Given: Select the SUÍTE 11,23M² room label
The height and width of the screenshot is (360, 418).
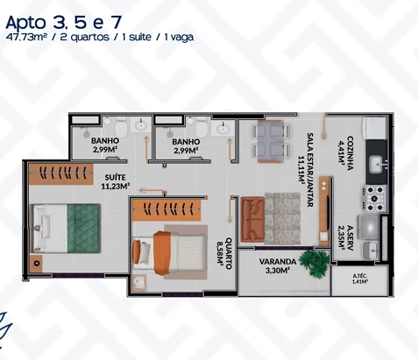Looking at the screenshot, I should tap(115, 181).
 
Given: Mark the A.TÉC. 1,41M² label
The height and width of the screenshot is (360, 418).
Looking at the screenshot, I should tap(358, 279).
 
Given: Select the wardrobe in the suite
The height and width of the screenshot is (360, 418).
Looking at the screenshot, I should tap(74, 173).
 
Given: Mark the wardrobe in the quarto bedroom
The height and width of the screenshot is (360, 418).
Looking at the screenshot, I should tap(167, 210).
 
